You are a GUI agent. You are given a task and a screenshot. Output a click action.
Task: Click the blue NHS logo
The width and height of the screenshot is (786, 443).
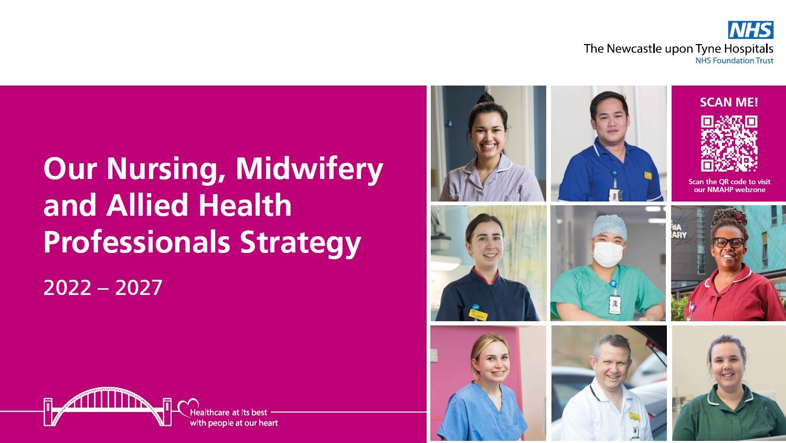click(751, 30)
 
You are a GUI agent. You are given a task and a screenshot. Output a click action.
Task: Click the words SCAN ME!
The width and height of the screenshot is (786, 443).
click(729, 102)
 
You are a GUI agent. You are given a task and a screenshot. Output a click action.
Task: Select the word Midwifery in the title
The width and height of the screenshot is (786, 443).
click(309, 169)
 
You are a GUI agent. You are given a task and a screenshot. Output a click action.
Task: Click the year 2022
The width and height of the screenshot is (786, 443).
click(67, 288)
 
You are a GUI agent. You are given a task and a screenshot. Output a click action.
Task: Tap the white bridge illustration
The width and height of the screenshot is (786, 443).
click(108, 407)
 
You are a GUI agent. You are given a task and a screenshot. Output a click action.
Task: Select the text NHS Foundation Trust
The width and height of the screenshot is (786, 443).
click(734, 61)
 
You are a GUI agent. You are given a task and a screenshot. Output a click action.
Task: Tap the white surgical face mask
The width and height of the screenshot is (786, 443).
click(608, 252)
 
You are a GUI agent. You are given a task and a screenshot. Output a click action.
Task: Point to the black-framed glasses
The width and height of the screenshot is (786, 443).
click(728, 242)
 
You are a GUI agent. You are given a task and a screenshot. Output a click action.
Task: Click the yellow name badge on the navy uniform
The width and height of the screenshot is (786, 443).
click(478, 314)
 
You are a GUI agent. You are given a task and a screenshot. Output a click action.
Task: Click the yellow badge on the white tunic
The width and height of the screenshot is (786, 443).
click(634, 416)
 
